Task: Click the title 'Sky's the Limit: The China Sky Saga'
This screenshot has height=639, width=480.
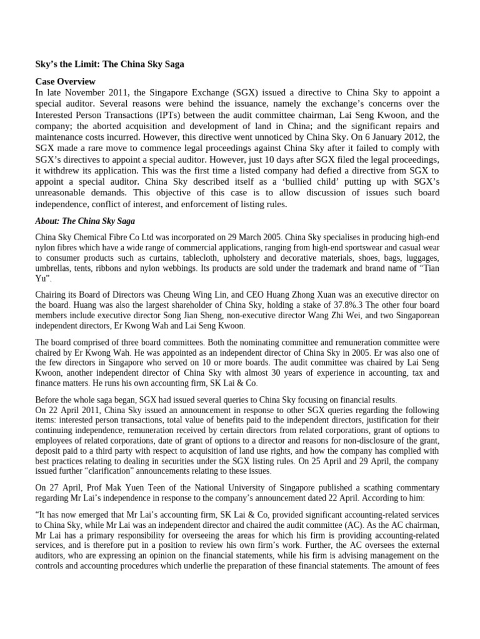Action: point(109,65)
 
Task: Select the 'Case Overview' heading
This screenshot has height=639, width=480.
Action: point(65,82)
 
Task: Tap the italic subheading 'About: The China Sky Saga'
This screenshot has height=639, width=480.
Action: point(86,221)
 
